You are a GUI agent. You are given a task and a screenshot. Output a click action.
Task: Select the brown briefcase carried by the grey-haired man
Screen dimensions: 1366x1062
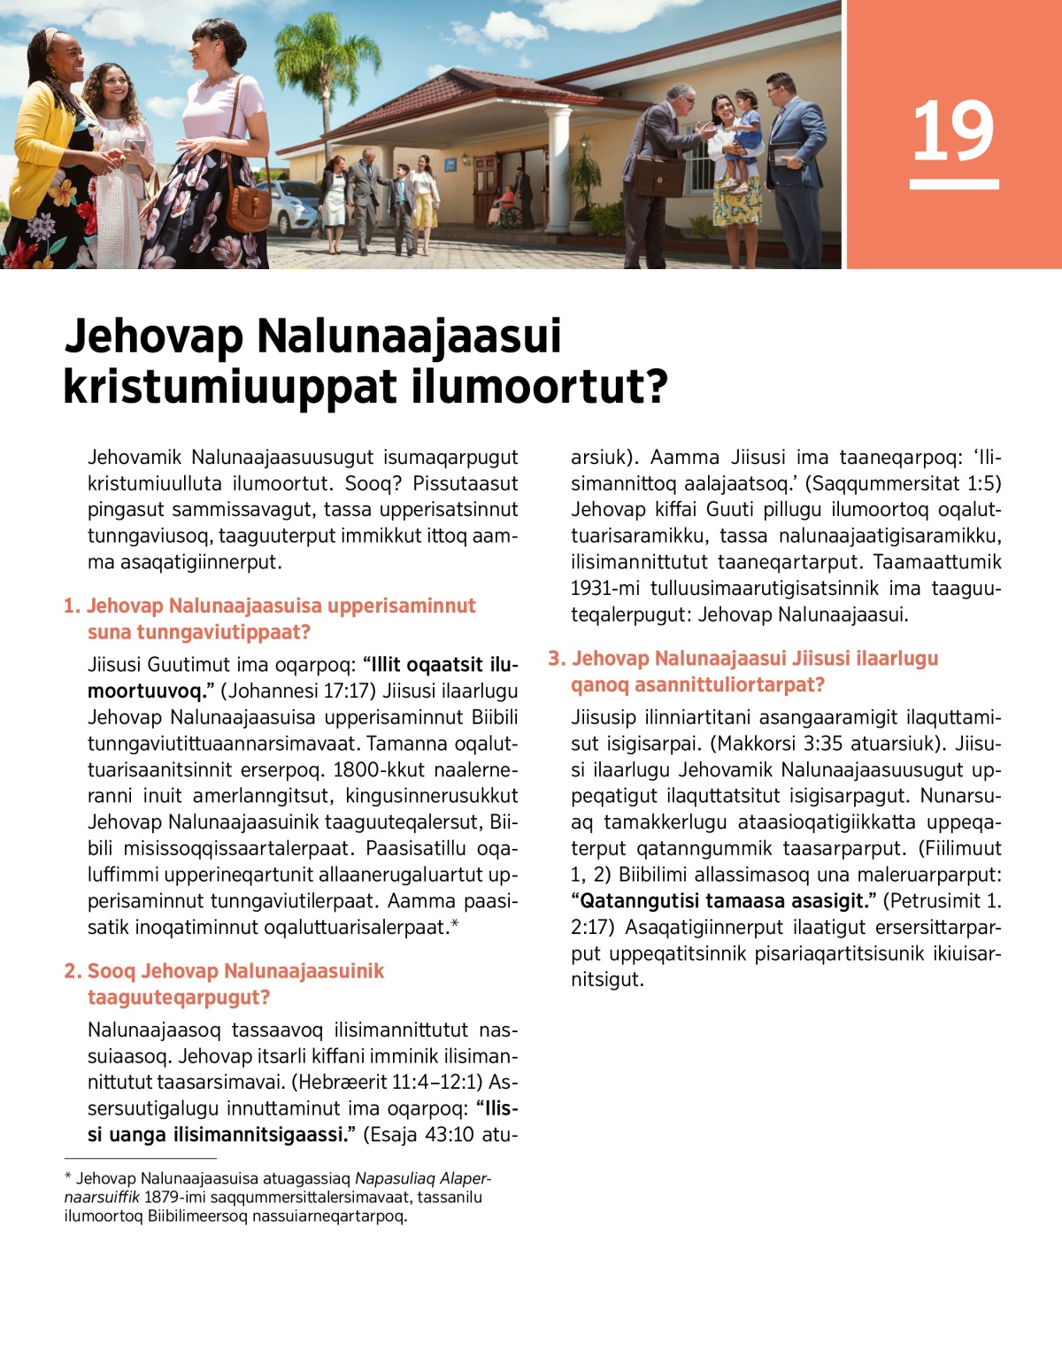point(657,176)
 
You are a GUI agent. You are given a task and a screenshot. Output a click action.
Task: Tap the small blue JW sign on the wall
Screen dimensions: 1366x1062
point(451,164)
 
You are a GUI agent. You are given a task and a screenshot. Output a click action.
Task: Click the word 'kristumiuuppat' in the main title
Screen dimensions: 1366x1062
point(230,387)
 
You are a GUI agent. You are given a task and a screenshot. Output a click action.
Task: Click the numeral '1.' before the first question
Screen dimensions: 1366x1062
point(72,606)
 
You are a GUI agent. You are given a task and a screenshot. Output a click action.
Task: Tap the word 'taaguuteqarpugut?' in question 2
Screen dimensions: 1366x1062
point(179,998)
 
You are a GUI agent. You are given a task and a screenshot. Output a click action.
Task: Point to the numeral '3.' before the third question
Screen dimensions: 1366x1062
point(557,659)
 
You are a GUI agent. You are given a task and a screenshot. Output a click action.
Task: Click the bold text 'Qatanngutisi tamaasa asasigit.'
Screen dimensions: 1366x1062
point(724,901)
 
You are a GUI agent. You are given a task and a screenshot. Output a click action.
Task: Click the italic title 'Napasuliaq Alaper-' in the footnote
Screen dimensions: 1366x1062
point(422,1178)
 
